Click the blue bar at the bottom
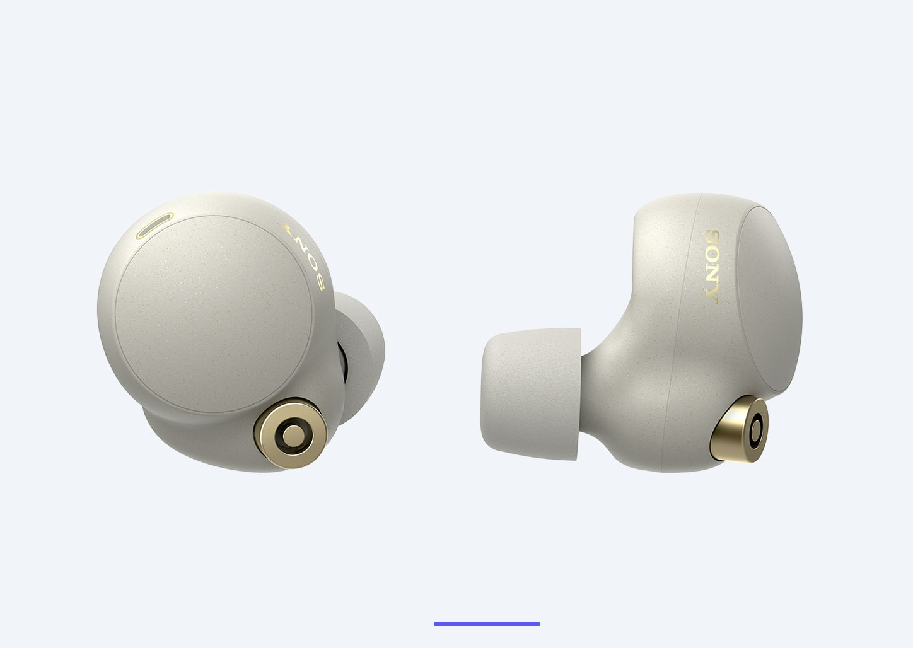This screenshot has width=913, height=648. click(487, 623)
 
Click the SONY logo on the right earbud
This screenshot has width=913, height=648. click(712, 267)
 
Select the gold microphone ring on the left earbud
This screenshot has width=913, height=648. click(291, 433)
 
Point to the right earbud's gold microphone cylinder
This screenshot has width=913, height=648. click(740, 429)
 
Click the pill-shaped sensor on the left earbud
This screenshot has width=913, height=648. click(155, 226)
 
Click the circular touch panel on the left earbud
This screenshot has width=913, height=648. click(214, 314)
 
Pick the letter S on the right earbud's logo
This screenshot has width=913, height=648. click(712, 238)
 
